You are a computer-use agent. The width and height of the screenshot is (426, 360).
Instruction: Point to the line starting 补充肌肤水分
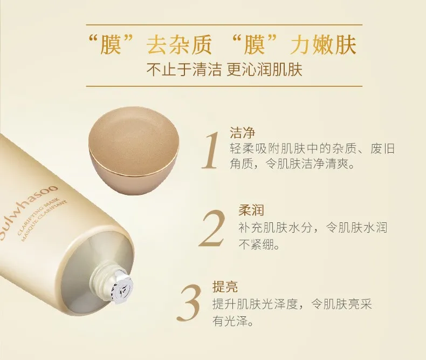pyautogui.click(x=313, y=228)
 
